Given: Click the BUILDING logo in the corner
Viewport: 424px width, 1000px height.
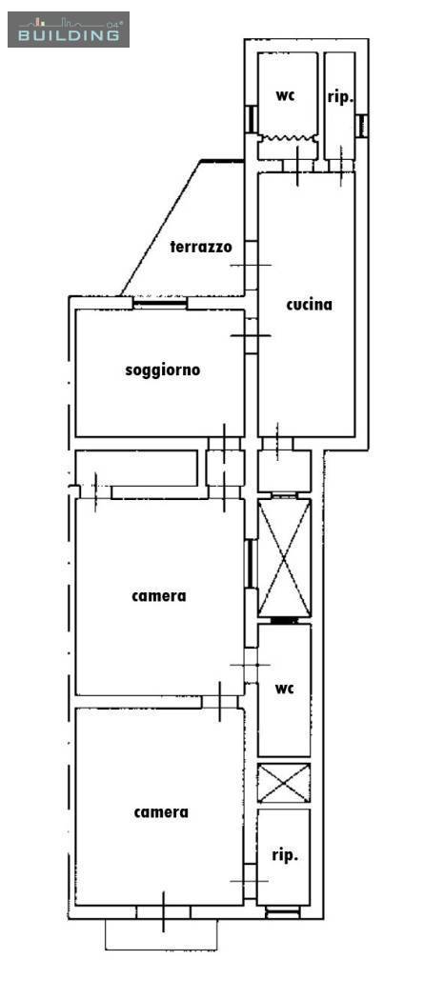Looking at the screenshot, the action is tap(69, 30).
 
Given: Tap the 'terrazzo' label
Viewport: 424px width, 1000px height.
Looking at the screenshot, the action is tap(201, 247).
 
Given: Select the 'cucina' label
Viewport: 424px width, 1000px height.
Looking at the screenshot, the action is tap(310, 304).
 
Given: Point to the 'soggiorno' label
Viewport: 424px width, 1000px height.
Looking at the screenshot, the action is tap(163, 370).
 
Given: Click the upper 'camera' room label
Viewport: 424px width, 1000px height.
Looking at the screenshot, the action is tap(159, 596).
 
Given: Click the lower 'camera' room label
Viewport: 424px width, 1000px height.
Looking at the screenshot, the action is tap(161, 812).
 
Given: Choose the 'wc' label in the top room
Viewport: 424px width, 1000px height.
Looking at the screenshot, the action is tap(285, 95).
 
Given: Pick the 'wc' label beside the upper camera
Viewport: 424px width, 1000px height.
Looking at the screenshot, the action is tap(284, 689).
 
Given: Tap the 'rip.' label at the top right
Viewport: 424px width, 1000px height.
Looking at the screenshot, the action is tap(340, 97).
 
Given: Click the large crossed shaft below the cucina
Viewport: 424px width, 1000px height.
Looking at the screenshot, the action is tap(284, 558).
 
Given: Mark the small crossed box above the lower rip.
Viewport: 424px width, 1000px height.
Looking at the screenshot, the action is tap(284, 783).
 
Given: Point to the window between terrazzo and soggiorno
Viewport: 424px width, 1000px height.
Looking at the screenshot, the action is tap(160, 303).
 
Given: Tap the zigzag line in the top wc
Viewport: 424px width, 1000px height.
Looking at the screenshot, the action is tap(287, 138).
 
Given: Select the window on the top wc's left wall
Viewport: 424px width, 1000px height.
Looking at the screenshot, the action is tap(252, 119).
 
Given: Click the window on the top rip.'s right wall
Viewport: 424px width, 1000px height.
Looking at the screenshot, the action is tap(361, 125).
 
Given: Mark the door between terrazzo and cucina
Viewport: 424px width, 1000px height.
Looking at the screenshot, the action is tap(252, 265).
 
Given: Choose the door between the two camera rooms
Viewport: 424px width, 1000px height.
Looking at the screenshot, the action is tap(219, 702).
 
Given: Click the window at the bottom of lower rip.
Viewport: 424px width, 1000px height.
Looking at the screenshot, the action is tap(282, 913).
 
